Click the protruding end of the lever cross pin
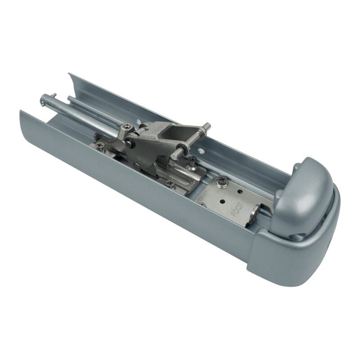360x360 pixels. pos(207,126)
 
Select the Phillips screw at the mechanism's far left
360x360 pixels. pos(100,144)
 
